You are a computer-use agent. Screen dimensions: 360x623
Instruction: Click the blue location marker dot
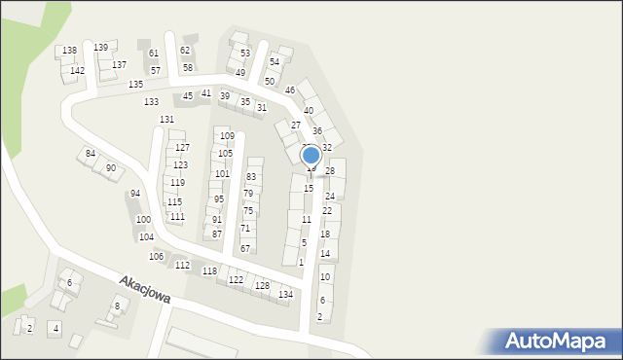(311, 155)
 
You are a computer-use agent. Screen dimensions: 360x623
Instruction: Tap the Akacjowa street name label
(145, 289)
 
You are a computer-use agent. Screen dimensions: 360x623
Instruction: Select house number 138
(69, 51)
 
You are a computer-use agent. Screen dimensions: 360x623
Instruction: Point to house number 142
(77, 71)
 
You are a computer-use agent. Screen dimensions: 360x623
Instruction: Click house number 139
(100, 47)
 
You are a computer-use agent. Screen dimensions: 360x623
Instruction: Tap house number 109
(227, 136)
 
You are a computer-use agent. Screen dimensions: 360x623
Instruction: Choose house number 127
(182, 148)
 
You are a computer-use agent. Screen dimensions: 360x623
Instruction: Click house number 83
(251, 176)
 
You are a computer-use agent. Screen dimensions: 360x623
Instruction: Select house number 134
(285, 294)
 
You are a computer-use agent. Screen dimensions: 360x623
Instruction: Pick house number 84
(91, 154)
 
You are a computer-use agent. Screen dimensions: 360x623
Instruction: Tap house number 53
(245, 54)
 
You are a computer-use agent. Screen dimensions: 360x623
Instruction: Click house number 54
(275, 61)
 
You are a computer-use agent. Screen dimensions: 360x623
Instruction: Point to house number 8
(117, 306)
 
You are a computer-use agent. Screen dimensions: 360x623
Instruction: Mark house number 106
(156, 256)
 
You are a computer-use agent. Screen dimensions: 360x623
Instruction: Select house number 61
(154, 54)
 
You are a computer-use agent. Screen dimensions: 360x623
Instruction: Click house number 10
(325, 277)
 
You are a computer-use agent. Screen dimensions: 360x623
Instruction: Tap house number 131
(167, 119)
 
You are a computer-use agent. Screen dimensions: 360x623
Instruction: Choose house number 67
(245, 249)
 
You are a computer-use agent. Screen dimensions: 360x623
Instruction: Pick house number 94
(135, 194)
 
